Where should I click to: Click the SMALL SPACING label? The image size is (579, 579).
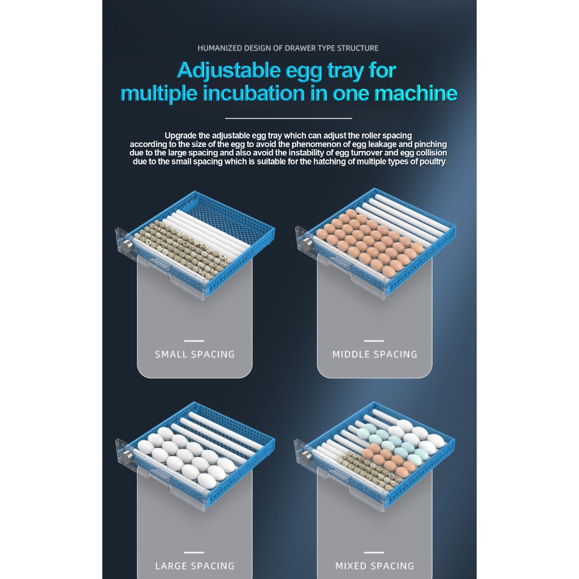195,354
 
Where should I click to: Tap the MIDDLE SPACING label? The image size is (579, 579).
375,354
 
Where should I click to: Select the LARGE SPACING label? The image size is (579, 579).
195,565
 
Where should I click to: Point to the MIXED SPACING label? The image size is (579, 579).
375,565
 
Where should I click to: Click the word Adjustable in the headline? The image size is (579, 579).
228,71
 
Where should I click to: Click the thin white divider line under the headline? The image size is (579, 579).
288,118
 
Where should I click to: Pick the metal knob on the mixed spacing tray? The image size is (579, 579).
306,456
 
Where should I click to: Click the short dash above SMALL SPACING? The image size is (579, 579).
194,341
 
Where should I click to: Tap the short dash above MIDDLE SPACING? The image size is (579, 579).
374,341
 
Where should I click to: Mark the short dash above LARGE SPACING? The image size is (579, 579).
194,552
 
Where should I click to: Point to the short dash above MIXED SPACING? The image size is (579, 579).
374,552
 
